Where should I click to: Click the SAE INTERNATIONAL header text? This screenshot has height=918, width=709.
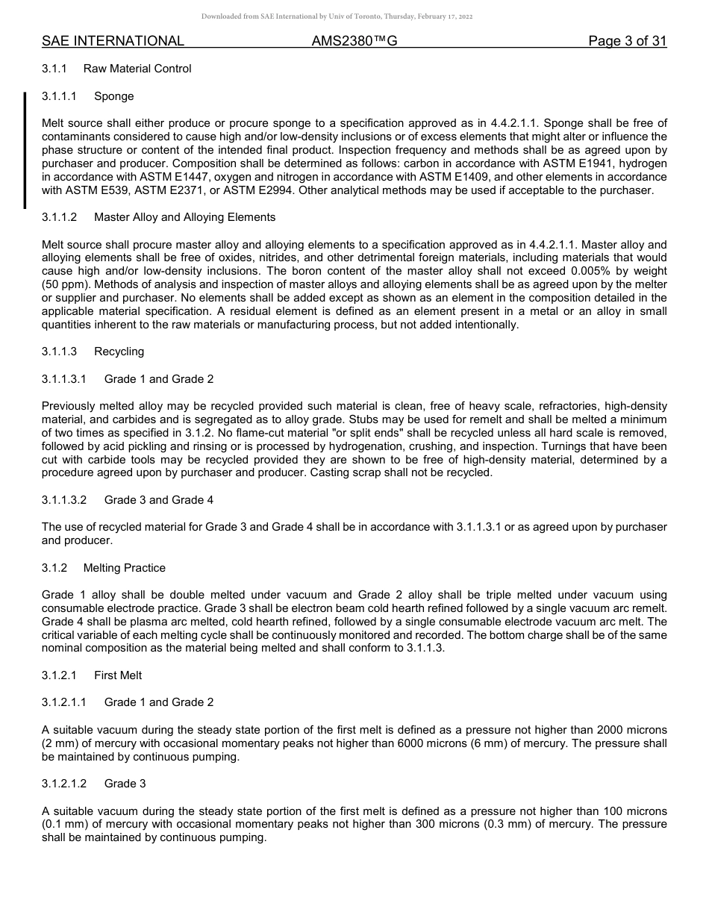coord(113,41)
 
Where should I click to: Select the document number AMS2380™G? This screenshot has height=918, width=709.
coord(354,41)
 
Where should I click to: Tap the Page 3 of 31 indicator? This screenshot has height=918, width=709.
coord(627,41)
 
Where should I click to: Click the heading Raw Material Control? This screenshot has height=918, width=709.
coord(137,69)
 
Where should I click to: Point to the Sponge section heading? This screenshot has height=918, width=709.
coord(114,96)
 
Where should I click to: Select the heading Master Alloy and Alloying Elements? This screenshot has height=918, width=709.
coord(184,217)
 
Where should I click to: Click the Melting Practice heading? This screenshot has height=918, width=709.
coord(125,568)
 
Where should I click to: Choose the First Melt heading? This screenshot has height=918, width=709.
coord(118,675)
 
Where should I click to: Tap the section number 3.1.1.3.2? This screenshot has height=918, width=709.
coord(64,500)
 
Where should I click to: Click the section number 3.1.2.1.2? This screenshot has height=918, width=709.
coord(64,784)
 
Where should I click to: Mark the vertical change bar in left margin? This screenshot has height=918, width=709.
coord(25,149)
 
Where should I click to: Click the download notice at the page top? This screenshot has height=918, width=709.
coord(337,16)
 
